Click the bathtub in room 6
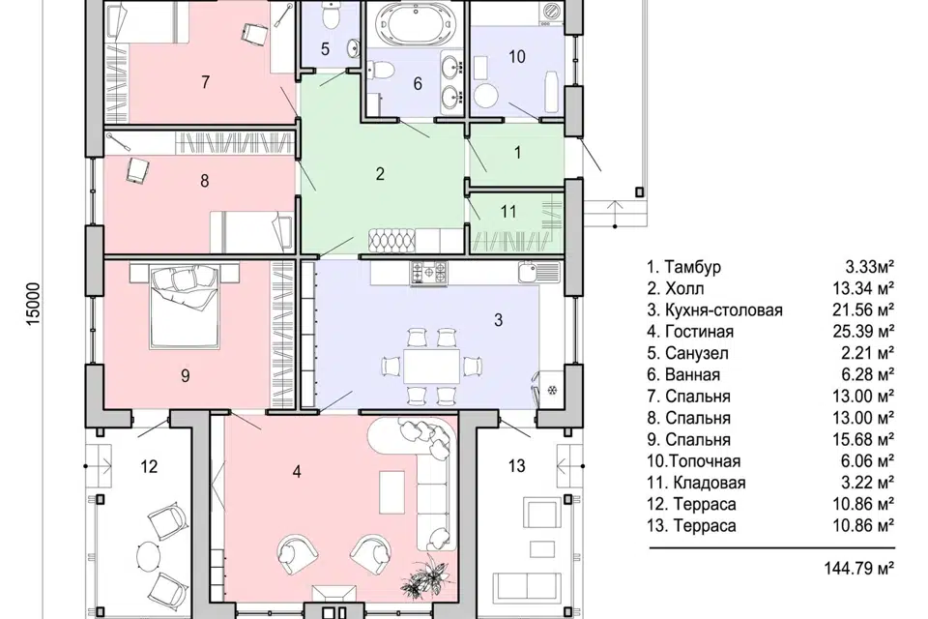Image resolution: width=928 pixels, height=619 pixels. pos(418,23)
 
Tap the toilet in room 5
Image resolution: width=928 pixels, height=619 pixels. pos(331,16)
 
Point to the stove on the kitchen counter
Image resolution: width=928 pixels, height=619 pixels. pos(429,272)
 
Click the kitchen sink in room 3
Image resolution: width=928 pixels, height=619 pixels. pos(537,272)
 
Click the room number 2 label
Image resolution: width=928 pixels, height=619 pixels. pos(380,173)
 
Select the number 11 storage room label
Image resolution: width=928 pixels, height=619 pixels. pos(508,211)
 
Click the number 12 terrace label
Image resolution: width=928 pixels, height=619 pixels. pos(149,467)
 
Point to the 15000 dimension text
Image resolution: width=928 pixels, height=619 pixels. pos(33,304)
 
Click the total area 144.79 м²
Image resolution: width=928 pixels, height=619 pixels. pos(858,569)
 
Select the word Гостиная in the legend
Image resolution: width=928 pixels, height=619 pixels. pos(699,332)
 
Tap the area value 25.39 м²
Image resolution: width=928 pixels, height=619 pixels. pos(863,331)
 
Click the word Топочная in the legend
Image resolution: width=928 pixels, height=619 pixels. pos(706,461)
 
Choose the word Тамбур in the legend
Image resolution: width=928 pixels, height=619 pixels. pos(692,267)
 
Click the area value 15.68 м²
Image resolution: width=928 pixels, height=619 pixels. pos(863,439)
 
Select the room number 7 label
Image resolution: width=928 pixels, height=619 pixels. pos(205,82)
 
